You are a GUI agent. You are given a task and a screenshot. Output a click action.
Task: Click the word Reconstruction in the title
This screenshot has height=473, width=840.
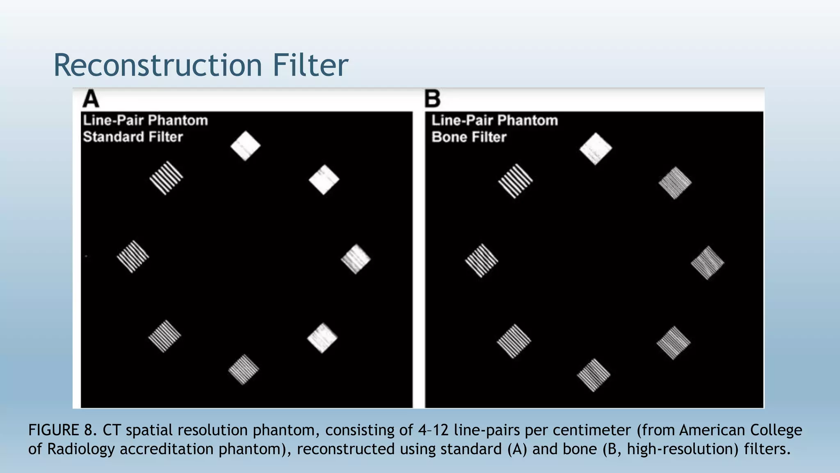tap(158, 65)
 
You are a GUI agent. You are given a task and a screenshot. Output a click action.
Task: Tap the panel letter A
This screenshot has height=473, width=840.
tap(91, 99)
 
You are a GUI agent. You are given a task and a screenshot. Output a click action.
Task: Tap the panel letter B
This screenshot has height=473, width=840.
tap(432, 99)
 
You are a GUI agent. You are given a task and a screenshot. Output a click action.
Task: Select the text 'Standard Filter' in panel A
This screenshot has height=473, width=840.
tap(133, 137)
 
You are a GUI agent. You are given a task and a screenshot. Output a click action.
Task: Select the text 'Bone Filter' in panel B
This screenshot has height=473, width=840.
tap(469, 137)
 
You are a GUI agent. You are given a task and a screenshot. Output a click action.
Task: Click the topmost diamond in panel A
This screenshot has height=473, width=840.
tap(245, 146)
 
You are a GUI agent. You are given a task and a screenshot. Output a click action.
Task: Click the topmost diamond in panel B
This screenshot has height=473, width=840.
tap(596, 149)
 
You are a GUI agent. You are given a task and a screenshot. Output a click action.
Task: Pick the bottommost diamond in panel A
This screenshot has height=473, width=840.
tap(244, 370)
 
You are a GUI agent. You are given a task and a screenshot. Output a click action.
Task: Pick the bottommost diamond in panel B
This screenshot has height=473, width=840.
tap(593, 375)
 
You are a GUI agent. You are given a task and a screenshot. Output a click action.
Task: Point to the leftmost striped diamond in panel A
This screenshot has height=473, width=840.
tap(133, 257)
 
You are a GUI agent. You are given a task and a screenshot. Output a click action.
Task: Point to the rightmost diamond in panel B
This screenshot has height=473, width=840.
tap(708, 263)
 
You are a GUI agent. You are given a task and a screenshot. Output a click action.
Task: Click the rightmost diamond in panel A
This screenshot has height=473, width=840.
tap(356, 259)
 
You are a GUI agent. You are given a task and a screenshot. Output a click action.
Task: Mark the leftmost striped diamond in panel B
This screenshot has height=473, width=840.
tap(482, 260)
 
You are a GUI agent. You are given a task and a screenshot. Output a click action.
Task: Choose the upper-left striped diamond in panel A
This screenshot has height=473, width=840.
tap(166, 178)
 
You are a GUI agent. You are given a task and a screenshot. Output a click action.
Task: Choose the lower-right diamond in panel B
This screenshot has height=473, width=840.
tap(673, 343)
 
